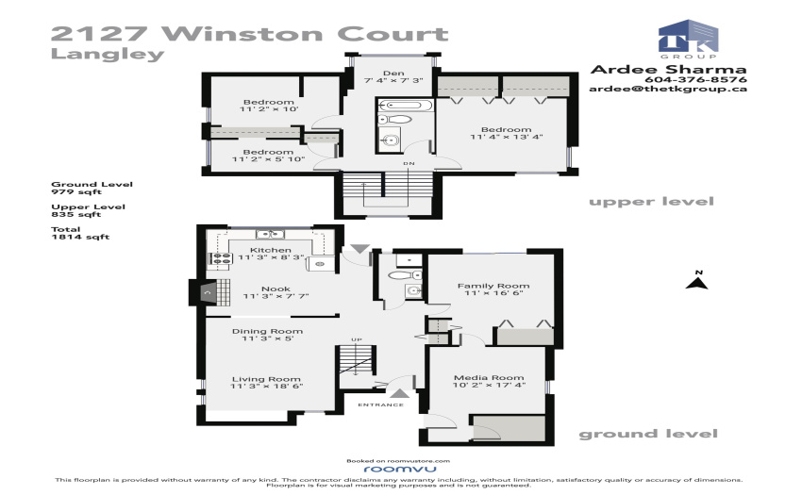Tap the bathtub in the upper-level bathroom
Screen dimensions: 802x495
[405, 106]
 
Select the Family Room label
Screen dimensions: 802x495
[493, 286]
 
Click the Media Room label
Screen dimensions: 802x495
[489, 377]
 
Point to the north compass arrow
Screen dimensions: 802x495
[697, 281]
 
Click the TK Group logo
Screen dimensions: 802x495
[688, 39]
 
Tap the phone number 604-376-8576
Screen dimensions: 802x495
[695, 79]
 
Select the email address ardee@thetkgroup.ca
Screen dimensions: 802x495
[667, 89]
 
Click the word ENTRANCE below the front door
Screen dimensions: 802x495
[380, 405]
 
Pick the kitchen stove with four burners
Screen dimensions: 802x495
[221, 258]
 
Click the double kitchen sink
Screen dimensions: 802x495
[270, 234]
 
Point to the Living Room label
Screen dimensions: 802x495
[266, 379]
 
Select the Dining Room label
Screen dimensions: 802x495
[267, 331]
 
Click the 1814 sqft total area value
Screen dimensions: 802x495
[80, 237]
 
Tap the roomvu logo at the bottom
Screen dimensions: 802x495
[400, 469]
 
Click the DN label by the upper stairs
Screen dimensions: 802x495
[409, 164]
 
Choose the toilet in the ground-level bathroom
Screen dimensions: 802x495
[405, 275]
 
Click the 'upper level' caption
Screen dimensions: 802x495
[651, 202]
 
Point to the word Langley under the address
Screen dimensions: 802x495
[108, 54]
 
